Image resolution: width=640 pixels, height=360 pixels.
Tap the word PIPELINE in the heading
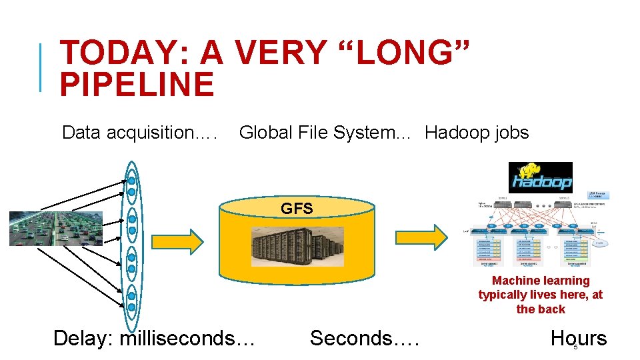click(x=137, y=85)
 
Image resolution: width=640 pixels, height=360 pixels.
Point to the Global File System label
click(x=317, y=133)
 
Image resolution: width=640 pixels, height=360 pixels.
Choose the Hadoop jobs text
click(x=477, y=133)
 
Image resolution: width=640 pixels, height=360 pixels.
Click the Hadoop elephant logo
click(x=540, y=177)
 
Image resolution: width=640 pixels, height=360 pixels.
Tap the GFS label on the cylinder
click(x=297, y=209)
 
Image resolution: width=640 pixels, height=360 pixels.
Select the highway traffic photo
click(x=56, y=229)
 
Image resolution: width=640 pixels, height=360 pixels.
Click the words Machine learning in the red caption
click(x=541, y=281)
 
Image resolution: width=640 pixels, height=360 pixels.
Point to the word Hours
click(x=579, y=338)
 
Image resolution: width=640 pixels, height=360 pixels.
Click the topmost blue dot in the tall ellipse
click(x=132, y=180)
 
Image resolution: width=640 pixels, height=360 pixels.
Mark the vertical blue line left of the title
click(x=41, y=67)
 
